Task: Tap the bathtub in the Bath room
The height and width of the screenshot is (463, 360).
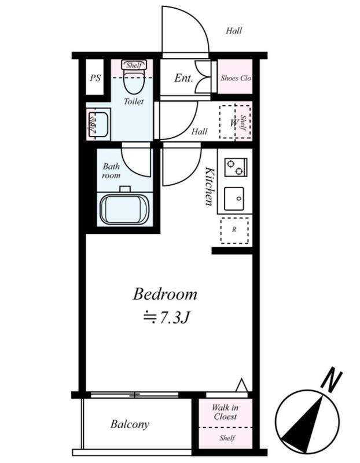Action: pyautogui.click(x=124, y=210)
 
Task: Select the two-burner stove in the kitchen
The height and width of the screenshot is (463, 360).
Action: pyautogui.click(x=236, y=167)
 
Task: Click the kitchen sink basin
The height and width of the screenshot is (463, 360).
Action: pyautogui.click(x=234, y=199)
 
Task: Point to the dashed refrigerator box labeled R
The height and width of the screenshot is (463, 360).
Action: pyautogui.click(x=234, y=230)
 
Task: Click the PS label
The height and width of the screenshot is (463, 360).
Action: pyautogui.click(x=95, y=78)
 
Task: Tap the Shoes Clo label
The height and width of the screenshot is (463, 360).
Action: pyautogui.click(x=236, y=78)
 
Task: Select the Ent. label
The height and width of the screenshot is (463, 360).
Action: pyautogui.click(x=183, y=78)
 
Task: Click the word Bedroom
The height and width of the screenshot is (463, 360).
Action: pyautogui.click(x=165, y=294)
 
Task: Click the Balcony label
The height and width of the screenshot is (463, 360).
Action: pyautogui.click(x=130, y=424)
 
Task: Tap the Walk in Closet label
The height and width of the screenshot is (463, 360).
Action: pyautogui.click(x=225, y=412)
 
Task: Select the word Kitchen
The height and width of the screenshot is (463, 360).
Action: pyautogui.click(x=210, y=186)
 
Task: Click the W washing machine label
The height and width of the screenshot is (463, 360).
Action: pyautogui.click(x=234, y=123)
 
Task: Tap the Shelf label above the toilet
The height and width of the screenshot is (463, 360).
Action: pyautogui.click(x=134, y=65)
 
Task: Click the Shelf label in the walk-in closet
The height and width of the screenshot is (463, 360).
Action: pyautogui.click(x=227, y=438)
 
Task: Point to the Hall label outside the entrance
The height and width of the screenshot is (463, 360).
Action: pyautogui.click(x=234, y=31)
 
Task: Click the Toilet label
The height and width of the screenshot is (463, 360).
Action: pyautogui.click(x=134, y=101)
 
